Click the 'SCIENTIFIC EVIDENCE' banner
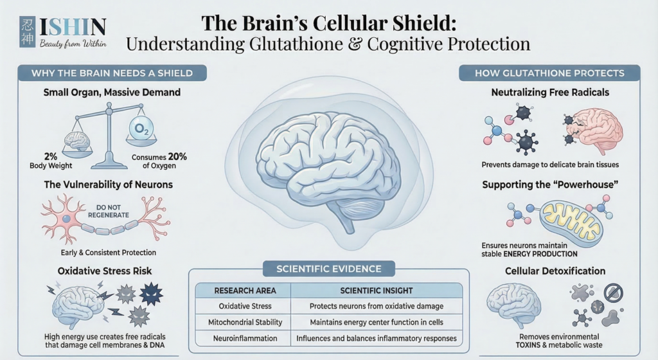pyautogui.click(x=328, y=268)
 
